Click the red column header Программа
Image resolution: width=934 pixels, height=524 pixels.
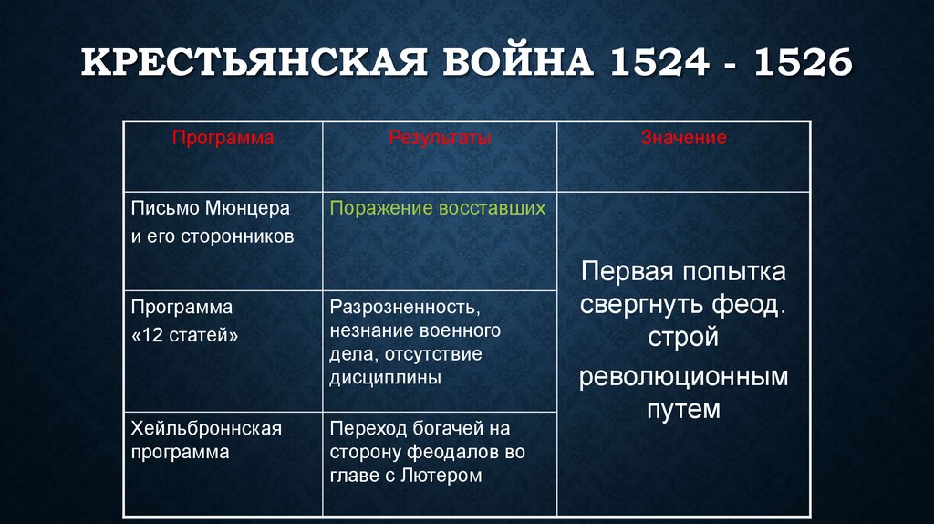tap(223, 138)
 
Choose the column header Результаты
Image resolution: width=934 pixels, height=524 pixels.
tap(440, 138)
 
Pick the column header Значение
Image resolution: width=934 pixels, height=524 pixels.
tap(683, 138)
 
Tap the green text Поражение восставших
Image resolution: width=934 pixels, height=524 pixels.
tap(438, 208)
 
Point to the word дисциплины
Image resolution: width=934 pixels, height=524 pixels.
tap(374, 376)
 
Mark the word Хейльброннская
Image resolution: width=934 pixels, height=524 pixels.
tap(206, 428)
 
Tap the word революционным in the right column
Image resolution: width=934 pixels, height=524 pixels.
tap(683, 375)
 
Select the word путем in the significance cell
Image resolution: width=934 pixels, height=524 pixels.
tap(683, 410)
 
